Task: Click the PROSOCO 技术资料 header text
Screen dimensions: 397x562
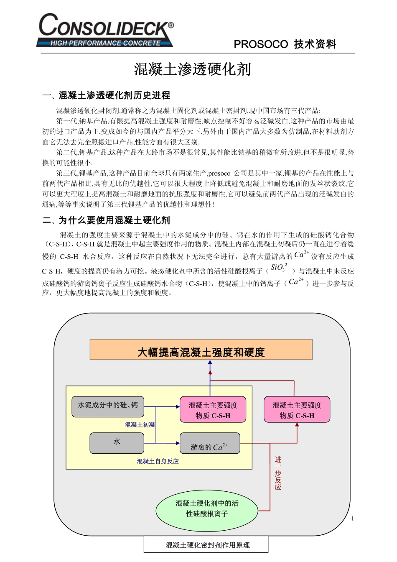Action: coord(285,44)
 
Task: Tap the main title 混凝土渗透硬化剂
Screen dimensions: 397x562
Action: coord(192,69)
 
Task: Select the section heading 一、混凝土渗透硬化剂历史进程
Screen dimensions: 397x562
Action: coord(106,95)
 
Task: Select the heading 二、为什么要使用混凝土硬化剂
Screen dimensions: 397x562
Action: coord(106,220)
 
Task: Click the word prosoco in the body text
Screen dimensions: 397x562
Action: coord(219,173)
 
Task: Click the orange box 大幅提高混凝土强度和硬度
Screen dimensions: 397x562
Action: coord(201,352)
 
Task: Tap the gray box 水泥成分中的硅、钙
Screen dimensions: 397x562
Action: coord(108,406)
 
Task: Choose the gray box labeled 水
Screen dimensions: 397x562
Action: coord(117,442)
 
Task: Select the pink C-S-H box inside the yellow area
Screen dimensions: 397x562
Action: coord(213,410)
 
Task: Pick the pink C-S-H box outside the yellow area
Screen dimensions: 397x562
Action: coord(297,410)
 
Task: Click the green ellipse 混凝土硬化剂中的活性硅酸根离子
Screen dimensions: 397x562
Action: coord(207,508)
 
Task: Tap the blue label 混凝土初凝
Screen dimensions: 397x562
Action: coord(140,425)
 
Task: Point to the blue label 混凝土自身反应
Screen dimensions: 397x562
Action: coord(158,461)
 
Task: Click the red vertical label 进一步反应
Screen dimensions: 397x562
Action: coord(278,473)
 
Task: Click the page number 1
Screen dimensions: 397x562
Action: coord(353,519)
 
